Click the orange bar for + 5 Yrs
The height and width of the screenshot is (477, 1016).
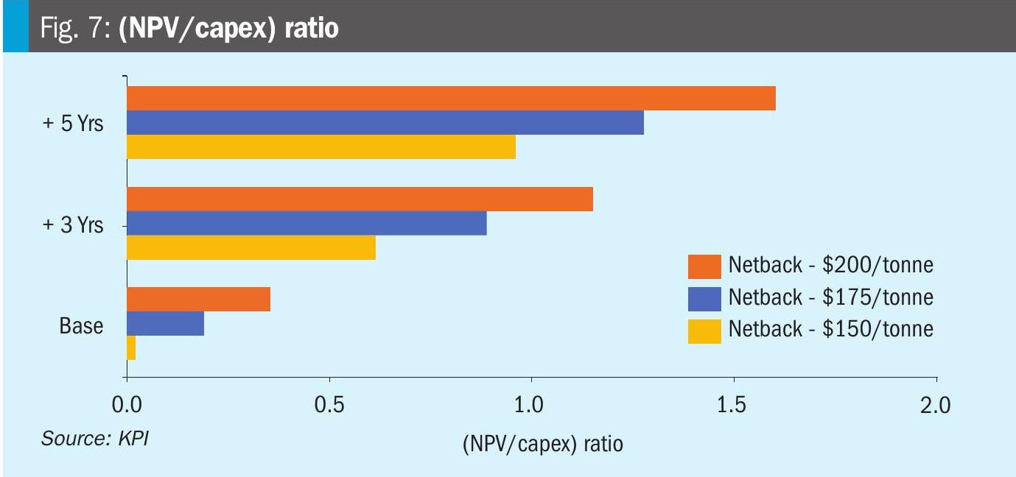451,99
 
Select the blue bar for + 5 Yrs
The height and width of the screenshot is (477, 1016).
385,123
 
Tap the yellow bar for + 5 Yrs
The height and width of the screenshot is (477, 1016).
320,147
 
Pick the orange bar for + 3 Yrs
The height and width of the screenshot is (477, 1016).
360,199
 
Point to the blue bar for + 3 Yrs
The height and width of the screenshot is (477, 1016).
306,223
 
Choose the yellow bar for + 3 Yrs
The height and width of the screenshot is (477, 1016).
251,247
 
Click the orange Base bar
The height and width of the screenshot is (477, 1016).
198,300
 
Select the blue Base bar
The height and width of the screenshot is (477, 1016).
165,324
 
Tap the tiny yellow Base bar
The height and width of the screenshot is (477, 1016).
131,348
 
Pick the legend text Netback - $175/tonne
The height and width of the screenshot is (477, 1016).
830,297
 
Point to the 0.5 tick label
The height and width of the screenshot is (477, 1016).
329,406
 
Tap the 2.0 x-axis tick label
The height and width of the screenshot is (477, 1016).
936,406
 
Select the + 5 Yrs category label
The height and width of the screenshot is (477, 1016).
72,124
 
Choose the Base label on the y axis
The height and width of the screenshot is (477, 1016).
81,325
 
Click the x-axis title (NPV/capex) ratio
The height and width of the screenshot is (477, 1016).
542,445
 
